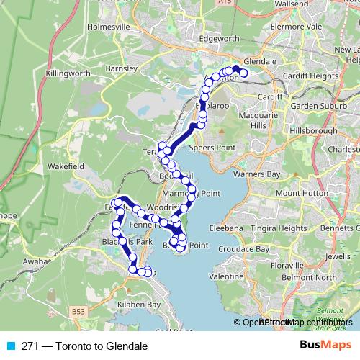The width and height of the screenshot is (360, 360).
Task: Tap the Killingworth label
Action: pos(68,74)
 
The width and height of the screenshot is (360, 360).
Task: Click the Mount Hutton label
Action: pos(301,193)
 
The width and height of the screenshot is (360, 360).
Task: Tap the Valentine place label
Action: pos(227,276)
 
